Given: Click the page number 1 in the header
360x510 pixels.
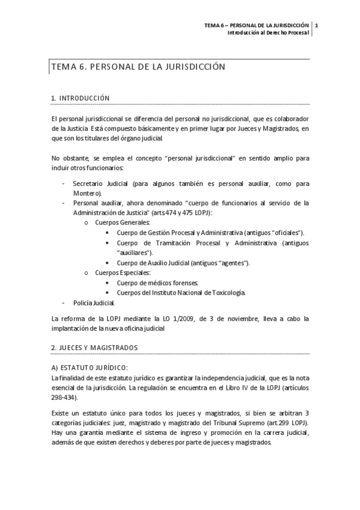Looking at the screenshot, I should click(x=316, y=25).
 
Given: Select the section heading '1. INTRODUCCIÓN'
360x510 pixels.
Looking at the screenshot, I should click(x=81, y=98).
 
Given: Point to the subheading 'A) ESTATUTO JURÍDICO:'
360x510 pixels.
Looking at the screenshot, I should click(x=90, y=367).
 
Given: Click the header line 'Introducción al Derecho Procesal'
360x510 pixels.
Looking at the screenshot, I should click(x=267, y=33).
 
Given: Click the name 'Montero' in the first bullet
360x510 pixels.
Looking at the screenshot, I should click(x=86, y=193).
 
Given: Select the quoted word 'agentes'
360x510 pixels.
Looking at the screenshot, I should click(x=233, y=263).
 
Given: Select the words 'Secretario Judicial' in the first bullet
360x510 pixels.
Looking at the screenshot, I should click(x=99, y=183).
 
